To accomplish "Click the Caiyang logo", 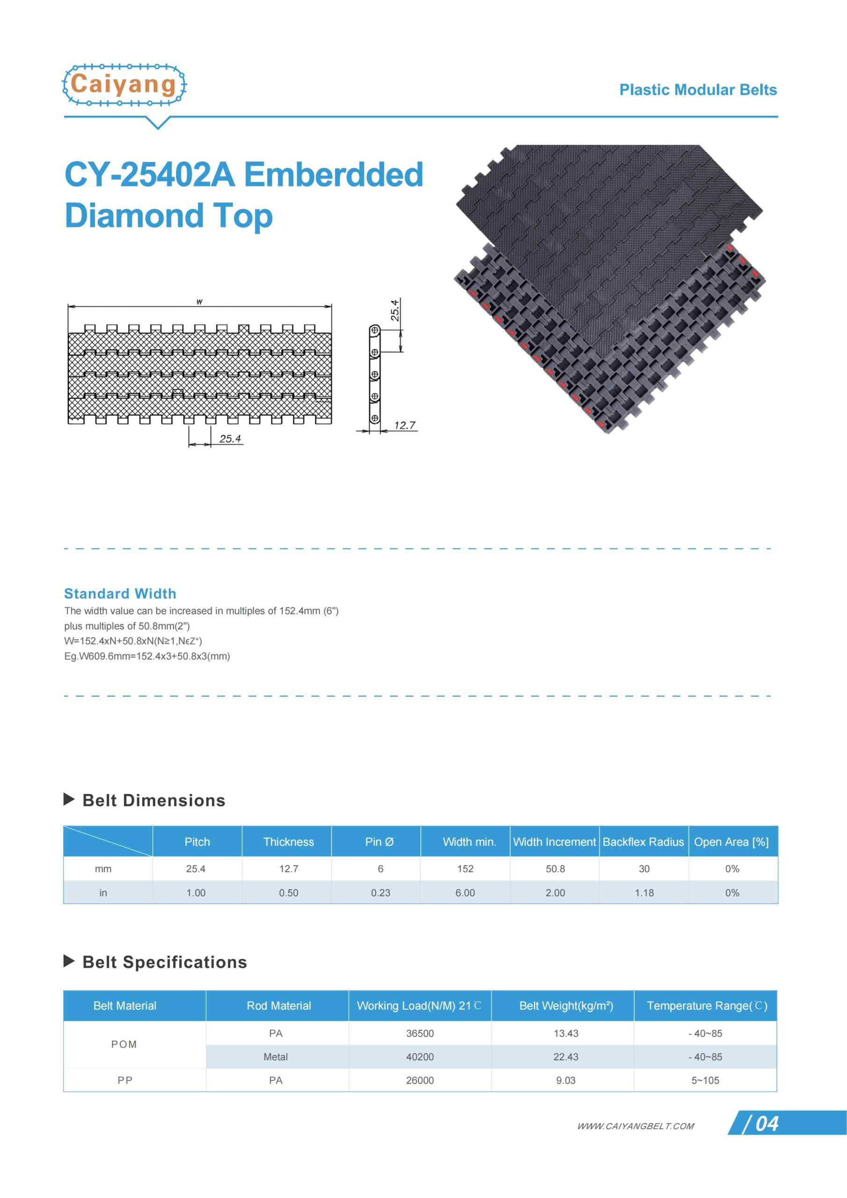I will coord(124,85).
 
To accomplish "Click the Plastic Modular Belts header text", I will coord(698,90).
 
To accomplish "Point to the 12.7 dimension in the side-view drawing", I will coord(404,425).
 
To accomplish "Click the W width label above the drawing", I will coord(199,301).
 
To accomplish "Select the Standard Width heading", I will coord(120,594).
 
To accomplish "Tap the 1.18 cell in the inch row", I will coord(644,893).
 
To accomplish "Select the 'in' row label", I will coord(103,893).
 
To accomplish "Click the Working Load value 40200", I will coord(420,1057).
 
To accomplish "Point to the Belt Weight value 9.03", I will coord(566,1080).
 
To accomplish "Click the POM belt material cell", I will coord(124,1044).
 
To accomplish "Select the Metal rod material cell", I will coord(276,1057).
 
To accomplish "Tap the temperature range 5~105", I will coord(705,1080).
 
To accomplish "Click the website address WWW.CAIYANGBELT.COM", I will coord(635,1126).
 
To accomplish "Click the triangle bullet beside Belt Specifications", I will coord(69,961).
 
